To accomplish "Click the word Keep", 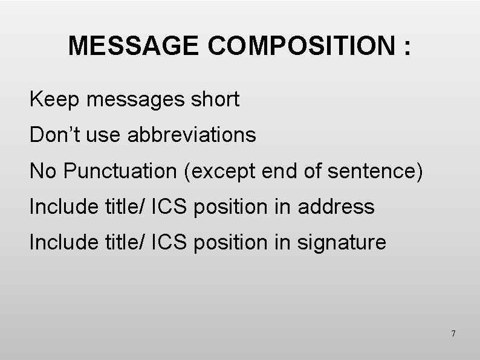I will click(x=56, y=100).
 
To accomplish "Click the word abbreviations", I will click(x=192, y=135).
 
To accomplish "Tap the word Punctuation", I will click(x=122, y=171).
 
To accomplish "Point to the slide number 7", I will click(x=453, y=333).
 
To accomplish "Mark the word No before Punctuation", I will click(x=42, y=171).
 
